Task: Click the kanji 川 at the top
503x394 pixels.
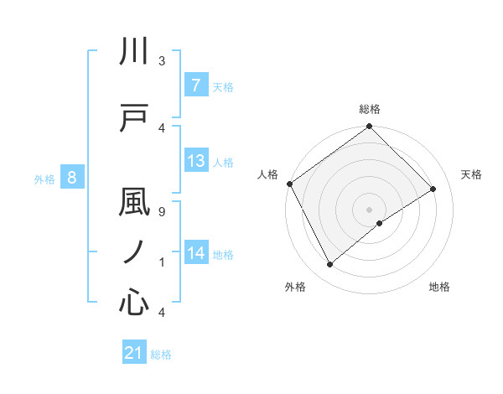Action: (134, 52)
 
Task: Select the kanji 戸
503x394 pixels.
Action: (134, 117)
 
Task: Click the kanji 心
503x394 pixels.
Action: (134, 301)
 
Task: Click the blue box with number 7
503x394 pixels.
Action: (195, 86)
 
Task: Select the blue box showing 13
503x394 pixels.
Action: (195, 162)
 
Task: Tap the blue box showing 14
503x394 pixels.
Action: (195, 252)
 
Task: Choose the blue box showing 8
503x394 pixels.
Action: (72, 178)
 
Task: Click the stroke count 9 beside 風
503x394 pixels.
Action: (161, 211)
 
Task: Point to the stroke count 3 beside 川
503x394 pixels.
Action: (161, 61)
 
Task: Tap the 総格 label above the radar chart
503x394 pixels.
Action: (370, 109)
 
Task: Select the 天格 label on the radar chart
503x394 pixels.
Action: (471, 174)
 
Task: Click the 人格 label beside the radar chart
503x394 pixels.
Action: (267, 174)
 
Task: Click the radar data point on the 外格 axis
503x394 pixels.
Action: (330, 265)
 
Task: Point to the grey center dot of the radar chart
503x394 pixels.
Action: (369, 209)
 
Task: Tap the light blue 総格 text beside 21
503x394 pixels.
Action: (161, 355)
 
